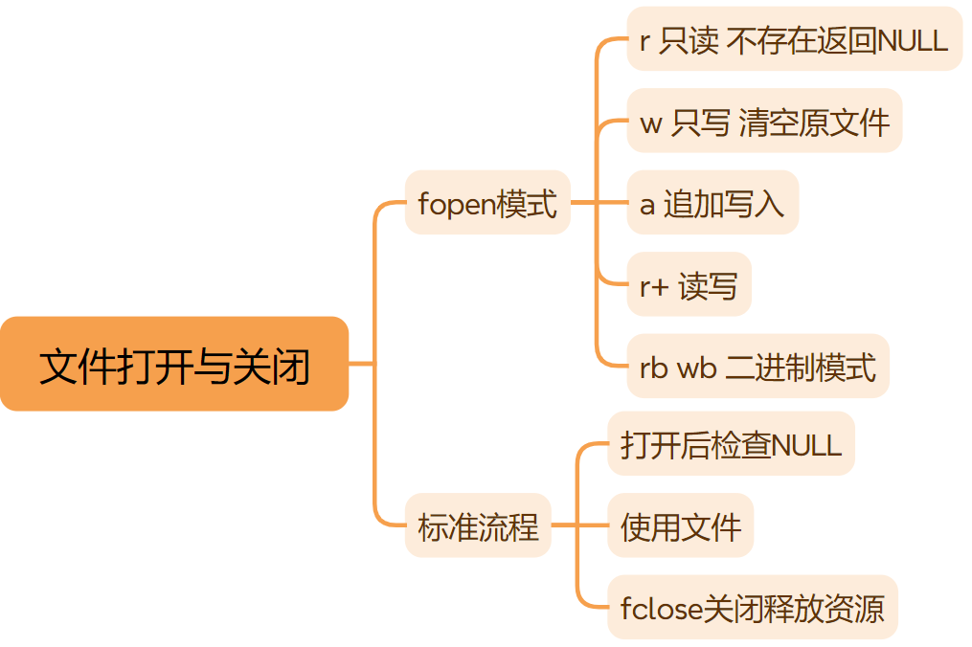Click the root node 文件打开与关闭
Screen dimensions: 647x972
(x=174, y=365)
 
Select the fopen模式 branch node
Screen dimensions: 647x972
(x=487, y=203)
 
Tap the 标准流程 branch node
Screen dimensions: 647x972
(x=478, y=525)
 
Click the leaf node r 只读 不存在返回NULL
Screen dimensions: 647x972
(x=794, y=39)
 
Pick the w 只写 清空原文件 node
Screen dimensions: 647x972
(x=764, y=122)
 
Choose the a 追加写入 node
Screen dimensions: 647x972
(x=712, y=203)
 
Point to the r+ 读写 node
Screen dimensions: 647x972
(x=689, y=285)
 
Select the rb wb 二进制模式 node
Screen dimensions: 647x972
(x=757, y=367)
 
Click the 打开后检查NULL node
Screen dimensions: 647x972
(x=731, y=444)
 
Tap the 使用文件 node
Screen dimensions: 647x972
(x=680, y=525)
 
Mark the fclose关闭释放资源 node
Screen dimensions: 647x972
(x=752, y=608)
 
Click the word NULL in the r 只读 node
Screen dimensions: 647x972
(x=914, y=40)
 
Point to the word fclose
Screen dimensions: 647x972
(x=662, y=608)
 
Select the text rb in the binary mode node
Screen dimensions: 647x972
(x=653, y=368)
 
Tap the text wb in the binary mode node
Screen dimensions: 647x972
(x=697, y=368)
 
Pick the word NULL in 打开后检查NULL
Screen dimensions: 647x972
(x=806, y=445)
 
